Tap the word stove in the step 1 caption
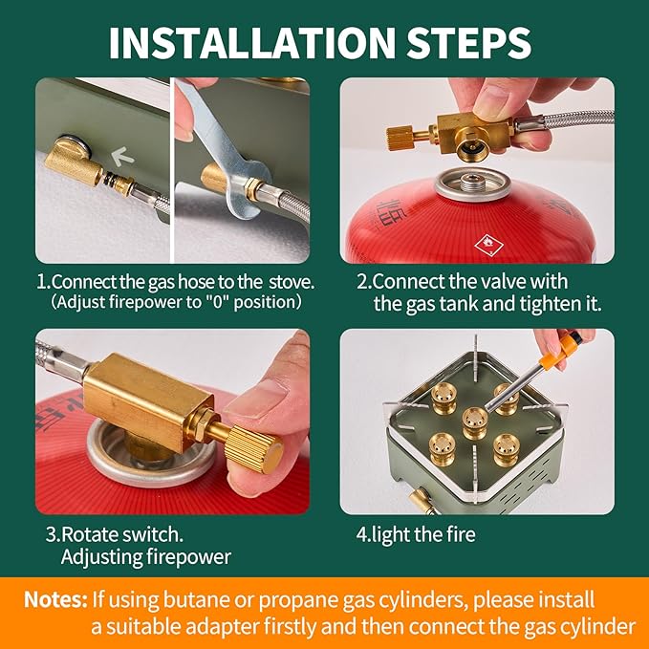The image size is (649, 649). (292, 282)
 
